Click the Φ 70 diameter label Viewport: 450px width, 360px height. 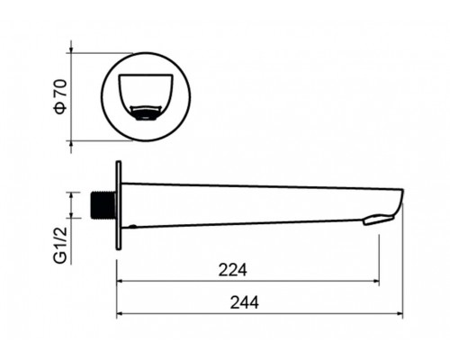click(60, 96)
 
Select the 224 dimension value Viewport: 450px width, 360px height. click(232, 270)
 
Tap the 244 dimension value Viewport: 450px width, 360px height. click(244, 302)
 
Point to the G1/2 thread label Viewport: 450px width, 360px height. click(60, 245)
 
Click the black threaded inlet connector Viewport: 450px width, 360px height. click(103, 205)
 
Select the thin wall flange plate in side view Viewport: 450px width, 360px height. click(119, 205)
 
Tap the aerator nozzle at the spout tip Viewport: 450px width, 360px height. click(378, 219)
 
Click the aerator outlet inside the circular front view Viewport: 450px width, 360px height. click(146, 112)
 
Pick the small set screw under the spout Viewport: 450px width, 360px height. click(132, 226)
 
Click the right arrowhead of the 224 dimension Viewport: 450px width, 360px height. click(376, 281)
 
